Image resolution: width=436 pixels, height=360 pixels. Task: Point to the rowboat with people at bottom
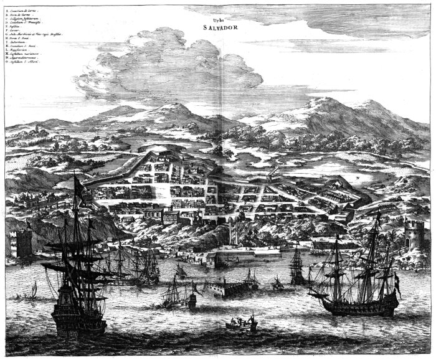point(242,324)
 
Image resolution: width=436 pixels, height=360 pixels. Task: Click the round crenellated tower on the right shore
point(414,234)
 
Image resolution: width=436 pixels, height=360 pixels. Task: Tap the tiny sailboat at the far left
point(34,289)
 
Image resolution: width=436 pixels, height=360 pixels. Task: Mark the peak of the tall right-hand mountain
point(330,100)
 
